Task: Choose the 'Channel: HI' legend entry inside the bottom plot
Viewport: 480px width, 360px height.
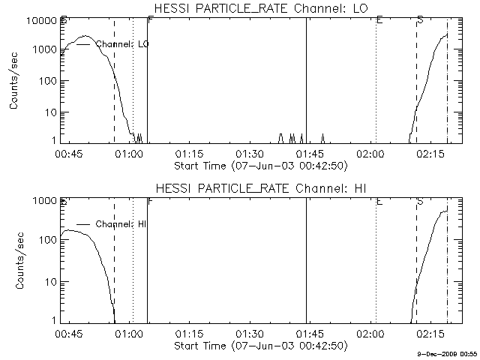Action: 121,223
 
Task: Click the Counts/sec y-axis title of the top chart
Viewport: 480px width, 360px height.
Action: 15,81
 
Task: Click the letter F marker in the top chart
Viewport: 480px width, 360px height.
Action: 151,19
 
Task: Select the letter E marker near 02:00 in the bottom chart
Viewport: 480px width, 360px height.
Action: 379,202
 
